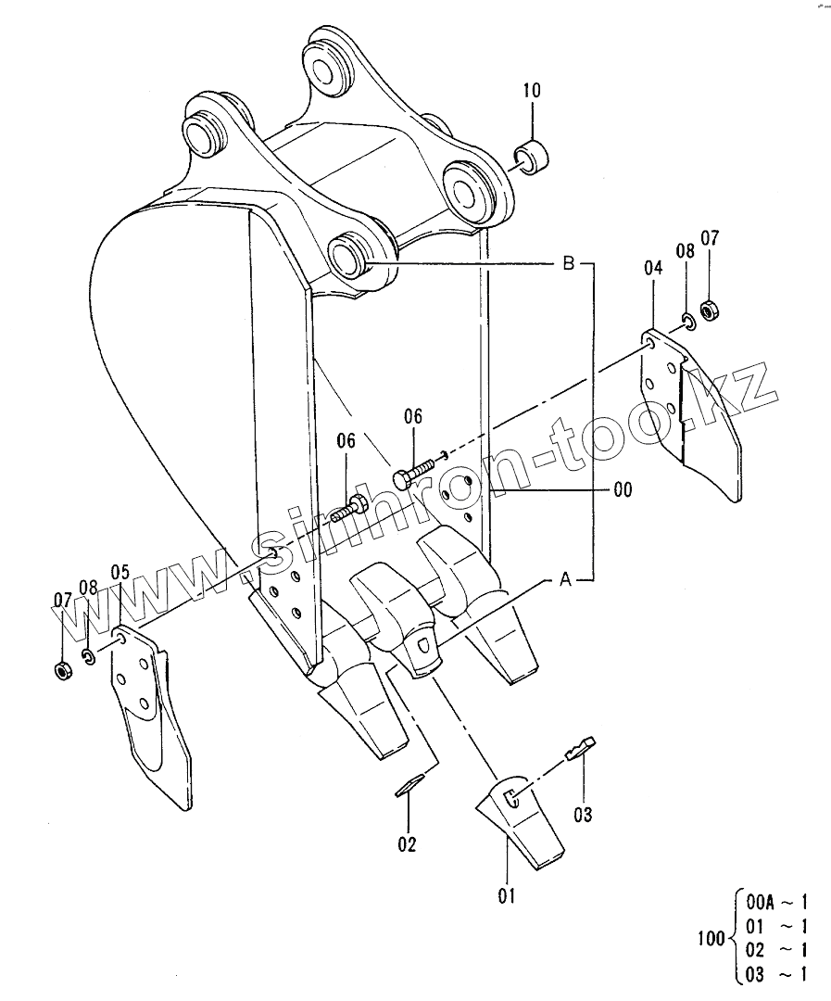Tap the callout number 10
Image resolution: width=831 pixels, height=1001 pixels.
532,91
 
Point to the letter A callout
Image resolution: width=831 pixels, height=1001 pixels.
565,580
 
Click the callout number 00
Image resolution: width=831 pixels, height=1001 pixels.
623,489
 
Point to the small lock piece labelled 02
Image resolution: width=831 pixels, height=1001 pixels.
409,784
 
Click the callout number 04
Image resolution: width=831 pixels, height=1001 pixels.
653,268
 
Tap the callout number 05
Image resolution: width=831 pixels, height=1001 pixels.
120,572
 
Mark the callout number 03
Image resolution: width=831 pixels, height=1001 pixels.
582,815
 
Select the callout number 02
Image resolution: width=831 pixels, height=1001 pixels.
408,844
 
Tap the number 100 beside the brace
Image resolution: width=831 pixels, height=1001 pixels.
711,938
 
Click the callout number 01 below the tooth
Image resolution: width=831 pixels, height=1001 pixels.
506,895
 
